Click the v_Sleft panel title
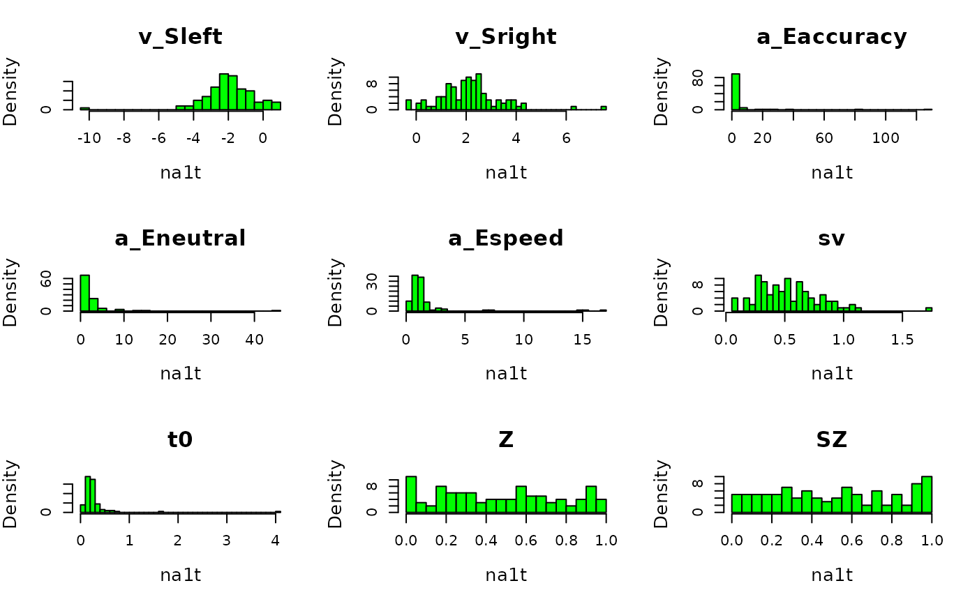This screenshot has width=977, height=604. [180, 37]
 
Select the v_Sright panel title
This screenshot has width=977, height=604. [506, 37]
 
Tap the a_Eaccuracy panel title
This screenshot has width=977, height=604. [832, 37]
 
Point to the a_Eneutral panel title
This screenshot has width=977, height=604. [180, 239]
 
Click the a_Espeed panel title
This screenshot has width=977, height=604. [506, 239]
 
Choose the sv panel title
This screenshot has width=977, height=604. [832, 239]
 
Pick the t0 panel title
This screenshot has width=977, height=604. [180, 439]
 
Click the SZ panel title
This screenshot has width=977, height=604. [832, 439]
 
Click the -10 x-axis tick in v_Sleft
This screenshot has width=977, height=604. [89, 138]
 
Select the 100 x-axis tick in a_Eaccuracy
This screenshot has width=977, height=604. [886, 138]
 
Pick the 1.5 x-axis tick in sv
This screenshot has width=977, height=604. [902, 340]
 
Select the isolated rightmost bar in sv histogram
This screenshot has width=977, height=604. [929, 309]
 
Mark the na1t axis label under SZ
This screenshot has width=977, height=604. [832, 575]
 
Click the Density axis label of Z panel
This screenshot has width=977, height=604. [336, 494]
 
